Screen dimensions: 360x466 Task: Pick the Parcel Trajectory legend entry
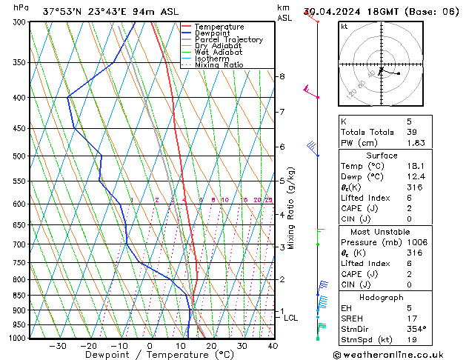[x=228, y=40]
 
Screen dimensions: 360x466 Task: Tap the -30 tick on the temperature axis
[x=57, y=346]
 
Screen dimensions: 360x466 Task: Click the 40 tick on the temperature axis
[x=273, y=346]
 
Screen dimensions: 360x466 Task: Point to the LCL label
[x=291, y=318]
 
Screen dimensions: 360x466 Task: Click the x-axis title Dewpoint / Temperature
[x=149, y=356]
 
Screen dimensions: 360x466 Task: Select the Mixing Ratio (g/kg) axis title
[x=291, y=207]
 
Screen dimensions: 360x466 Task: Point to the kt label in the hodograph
[x=344, y=27]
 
